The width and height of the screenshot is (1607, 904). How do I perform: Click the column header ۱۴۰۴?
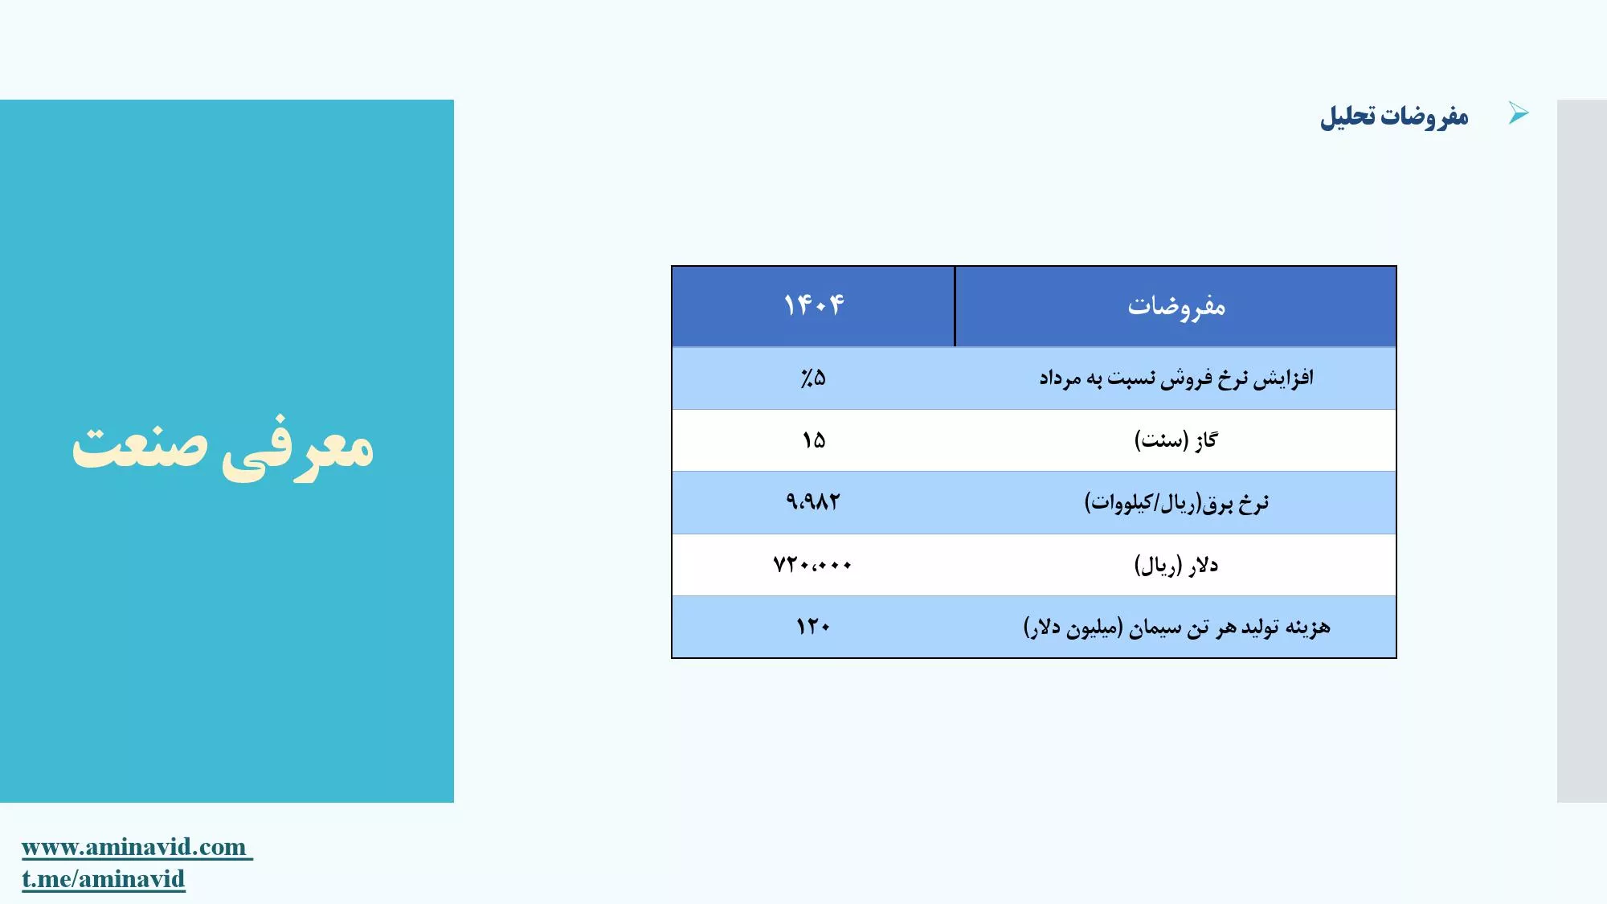tap(814, 305)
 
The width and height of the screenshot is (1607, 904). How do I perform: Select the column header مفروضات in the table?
tap(1176, 306)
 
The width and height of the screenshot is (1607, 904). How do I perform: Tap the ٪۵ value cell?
tap(813, 378)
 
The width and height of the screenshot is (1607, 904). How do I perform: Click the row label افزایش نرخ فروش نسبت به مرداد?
tap(1176, 378)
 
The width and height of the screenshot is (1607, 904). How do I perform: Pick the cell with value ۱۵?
tap(814, 440)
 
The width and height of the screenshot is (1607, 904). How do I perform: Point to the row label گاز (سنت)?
tap(1176, 440)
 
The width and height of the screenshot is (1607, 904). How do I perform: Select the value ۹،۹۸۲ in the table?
tap(813, 502)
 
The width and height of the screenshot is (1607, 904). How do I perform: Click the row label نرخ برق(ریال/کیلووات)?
tap(1176, 503)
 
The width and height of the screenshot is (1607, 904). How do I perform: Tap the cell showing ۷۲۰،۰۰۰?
tap(812, 565)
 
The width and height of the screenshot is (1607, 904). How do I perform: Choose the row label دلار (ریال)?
tap(1176, 566)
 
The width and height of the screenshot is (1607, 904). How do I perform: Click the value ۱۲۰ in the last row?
tap(813, 627)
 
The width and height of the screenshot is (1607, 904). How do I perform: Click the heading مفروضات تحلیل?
tap(1394, 117)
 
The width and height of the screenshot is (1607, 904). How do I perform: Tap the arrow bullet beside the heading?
tap(1518, 113)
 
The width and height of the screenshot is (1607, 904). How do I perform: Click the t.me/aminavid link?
tap(104, 879)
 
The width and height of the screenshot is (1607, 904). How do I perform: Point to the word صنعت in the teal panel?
tap(140, 446)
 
